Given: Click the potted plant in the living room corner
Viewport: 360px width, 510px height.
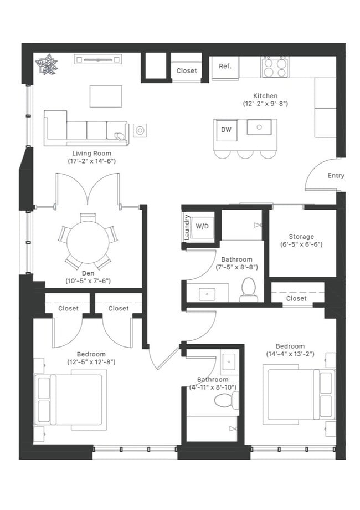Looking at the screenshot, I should [x=47, y=64].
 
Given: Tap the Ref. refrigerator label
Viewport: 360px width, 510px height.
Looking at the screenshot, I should [x=225, y=67].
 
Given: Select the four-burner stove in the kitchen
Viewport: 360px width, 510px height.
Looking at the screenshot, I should [x=275, y=67].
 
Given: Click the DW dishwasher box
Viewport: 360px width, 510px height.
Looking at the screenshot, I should [x=226, y=130].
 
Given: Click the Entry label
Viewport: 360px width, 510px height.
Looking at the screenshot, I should [x=336, y=176].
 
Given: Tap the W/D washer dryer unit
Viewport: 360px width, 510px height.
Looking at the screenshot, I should [x=203, y=226].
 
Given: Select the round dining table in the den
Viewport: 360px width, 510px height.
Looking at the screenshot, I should [x=88, y=242].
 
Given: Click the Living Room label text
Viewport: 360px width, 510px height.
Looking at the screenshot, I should [x=91, y=154].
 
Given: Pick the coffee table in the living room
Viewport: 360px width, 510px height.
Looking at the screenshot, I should [x=106, y=96].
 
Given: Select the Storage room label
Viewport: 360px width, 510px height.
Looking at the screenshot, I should [x=301, y=237].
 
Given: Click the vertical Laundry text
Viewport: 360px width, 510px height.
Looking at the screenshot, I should [x=187, y=227].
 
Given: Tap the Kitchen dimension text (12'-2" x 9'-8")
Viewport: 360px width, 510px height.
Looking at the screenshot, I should [x=265, y=104].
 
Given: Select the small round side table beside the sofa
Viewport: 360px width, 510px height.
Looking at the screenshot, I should [x=140, y=130].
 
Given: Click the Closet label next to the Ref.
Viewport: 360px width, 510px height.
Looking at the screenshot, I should [x=187, y=70].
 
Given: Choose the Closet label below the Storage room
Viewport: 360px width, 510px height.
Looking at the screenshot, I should [x=296, y=298].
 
